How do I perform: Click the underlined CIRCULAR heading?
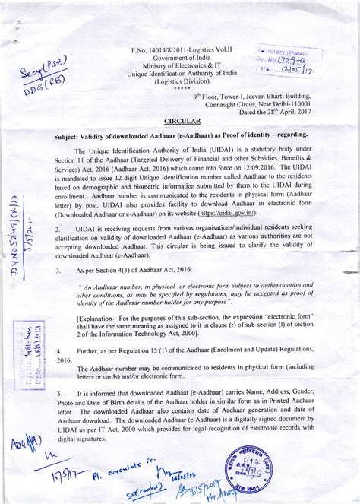pyautogui.click(x=182, y=121)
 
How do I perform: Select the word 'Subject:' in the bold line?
pyautogui.click(x=72, y=133)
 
